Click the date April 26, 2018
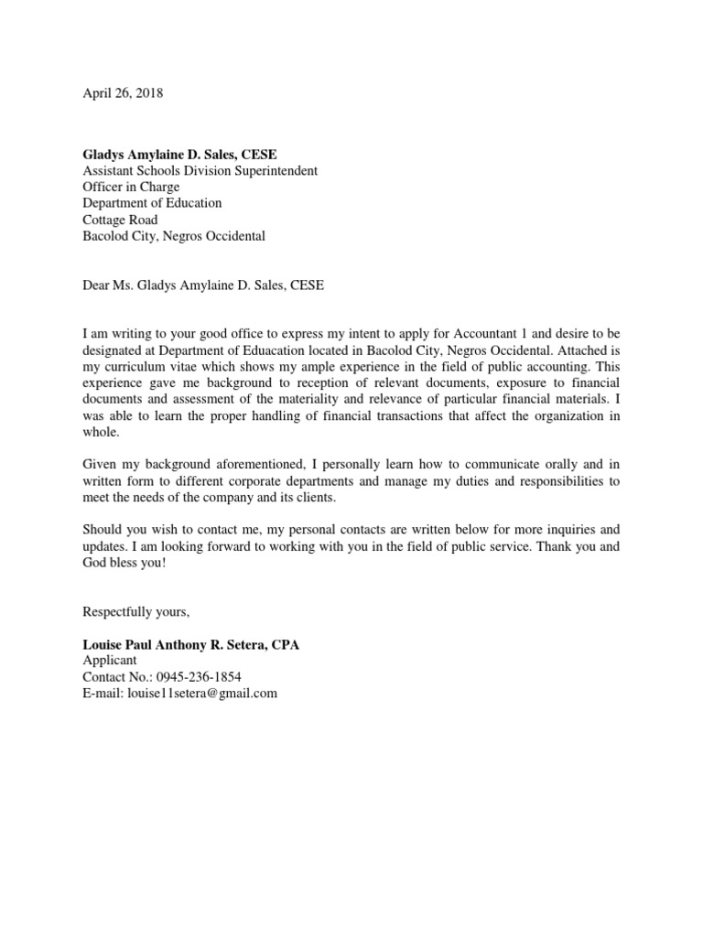(x=123, y=93)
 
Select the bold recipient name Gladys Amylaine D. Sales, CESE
(x=179, y=154)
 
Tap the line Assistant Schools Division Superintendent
(x=200, y=170)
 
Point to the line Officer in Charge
(x=131, y=187)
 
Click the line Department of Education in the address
(x=152, y=203)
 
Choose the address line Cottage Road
(x=120, y=220)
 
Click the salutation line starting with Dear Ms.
(x=203, y=285)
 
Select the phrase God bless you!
(x=124, y=562)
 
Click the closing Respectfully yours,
(x=135, y=611)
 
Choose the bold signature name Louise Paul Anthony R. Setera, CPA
(x=190, y=645)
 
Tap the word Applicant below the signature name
(x=110, y=661)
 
